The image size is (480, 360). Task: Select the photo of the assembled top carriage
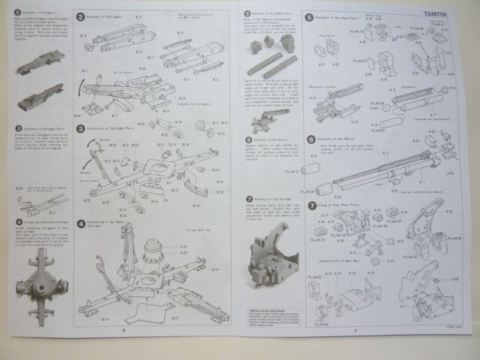(x=270, y=259)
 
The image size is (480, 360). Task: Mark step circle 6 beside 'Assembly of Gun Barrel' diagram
(x=310, y=139)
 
